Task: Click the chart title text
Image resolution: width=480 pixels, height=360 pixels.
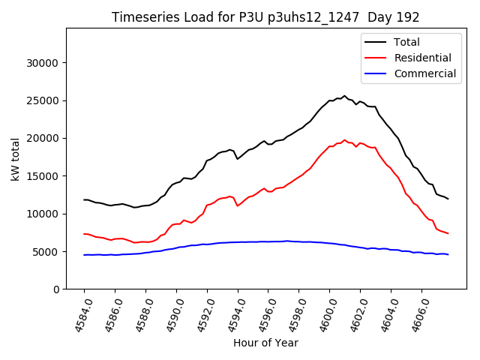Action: pyautogui.click(x=265, y=17)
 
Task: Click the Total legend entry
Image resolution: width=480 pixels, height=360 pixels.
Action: pyautogui.click(x=406, y=42)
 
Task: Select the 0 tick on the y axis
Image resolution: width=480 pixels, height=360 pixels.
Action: pyautogui.click(x=56, y=289)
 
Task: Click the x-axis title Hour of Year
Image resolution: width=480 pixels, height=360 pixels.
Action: pyautogui.click(x=265, y=343)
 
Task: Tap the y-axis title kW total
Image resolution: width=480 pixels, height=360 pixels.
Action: pyautogui.click(x=15, y=158)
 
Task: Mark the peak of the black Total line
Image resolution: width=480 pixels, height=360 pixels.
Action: pyautogui.click(x=345, y=96)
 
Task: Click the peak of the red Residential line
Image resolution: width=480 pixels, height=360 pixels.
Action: pyautogui.click(x=345, y=139)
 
